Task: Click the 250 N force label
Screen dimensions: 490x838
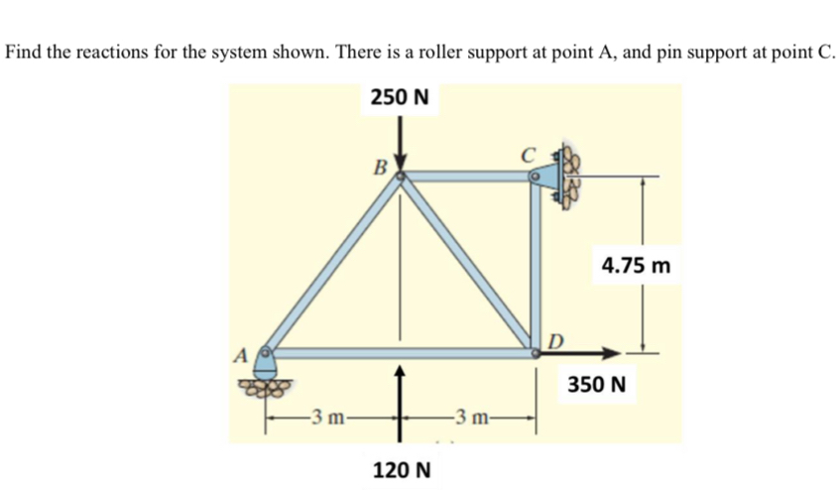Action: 400,97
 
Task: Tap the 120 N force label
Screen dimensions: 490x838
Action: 401,468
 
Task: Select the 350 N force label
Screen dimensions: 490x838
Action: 596,382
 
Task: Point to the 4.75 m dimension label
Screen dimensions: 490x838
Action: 636,266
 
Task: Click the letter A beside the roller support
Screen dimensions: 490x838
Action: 240,353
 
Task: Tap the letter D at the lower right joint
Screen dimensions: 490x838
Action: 555,343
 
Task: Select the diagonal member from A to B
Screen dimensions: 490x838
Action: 333,263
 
